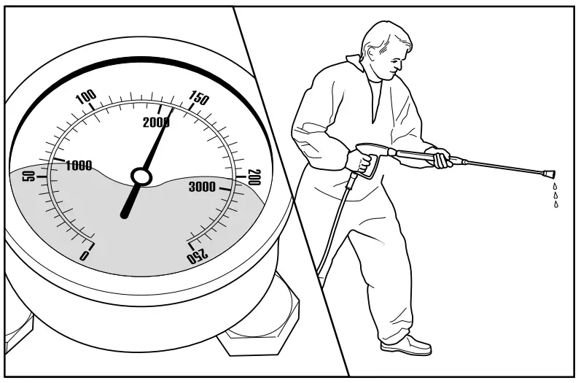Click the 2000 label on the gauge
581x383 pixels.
click(x=156, y=123)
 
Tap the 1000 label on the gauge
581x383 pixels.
click(x=78, y=166)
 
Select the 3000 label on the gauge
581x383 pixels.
click(x=202, y=187)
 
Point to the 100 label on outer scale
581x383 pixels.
click(x=86, y=96)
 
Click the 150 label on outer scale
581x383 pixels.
click(x=198, y=100)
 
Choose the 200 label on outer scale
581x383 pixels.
click(x=254, y=177)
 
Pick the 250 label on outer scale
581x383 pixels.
click(x=198, y=255)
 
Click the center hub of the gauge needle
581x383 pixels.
click(x=141, y=177)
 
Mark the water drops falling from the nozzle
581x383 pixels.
click(x=555, y=196)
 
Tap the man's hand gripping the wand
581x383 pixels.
click(x=440, y=157)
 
